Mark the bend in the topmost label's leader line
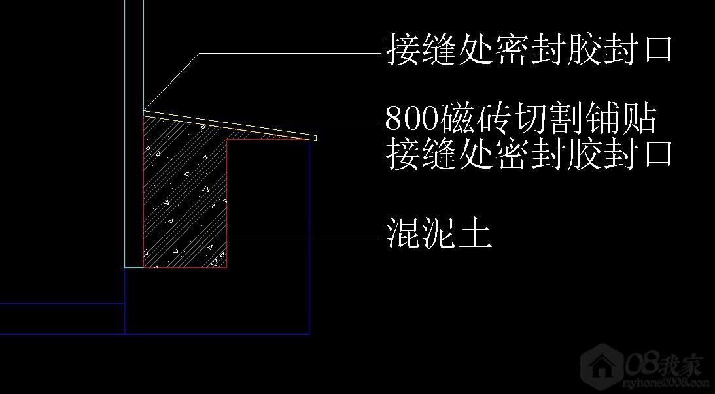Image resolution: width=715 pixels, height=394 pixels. pos(200,54)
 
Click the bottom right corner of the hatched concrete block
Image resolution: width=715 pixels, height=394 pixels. pos(226,267)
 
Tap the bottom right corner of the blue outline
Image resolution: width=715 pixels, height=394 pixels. pos(309,334)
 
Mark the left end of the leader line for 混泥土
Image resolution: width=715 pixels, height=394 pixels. pos(200,237)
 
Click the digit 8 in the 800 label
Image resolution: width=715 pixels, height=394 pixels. pos(394,119)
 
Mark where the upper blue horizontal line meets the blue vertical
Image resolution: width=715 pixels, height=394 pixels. pos(124,303)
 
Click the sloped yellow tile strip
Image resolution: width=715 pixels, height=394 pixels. pos(230,124)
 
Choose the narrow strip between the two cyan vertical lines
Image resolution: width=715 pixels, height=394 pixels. pos(134,133)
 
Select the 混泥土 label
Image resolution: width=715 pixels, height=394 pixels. pos(439,233)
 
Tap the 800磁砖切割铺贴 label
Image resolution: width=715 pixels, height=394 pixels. pos(521,119)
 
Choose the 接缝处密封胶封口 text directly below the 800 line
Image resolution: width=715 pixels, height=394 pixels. pos(529,154)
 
